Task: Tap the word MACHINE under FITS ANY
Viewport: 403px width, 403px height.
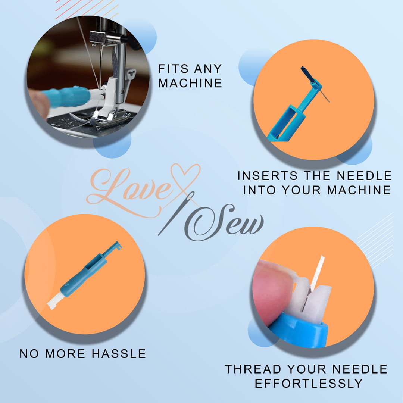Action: point(190,83)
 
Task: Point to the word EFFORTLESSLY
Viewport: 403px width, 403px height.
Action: point(308,383)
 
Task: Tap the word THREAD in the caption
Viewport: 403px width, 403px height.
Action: point(253,369)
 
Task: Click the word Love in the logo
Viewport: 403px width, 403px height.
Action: point(127,185)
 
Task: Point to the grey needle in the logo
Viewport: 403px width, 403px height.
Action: point(175,215)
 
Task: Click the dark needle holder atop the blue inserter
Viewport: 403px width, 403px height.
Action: point(308,74)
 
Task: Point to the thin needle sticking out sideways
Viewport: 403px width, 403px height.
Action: point(324,96)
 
